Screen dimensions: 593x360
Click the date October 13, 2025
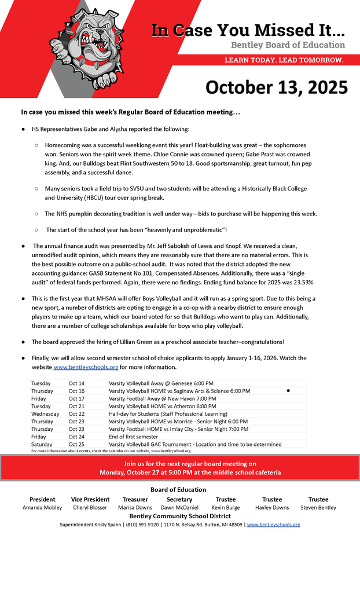point(277,87)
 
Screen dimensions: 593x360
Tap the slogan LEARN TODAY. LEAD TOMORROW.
point(284,60)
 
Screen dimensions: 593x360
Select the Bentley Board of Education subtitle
point(288,45)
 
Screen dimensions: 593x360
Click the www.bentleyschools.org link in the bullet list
point(86,367)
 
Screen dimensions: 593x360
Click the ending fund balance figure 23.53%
point(301,282)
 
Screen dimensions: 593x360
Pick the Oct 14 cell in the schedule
point(76,383)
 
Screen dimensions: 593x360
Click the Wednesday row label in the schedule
point(45,414)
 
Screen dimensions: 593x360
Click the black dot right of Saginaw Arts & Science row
point(288,391)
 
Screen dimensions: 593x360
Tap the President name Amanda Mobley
point(42,508)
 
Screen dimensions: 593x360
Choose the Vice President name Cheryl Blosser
point(90,508)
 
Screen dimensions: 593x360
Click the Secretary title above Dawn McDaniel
point(179,499)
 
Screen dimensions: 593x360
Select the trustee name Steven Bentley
point(318,508)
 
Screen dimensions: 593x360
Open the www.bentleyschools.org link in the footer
point(273,525)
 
